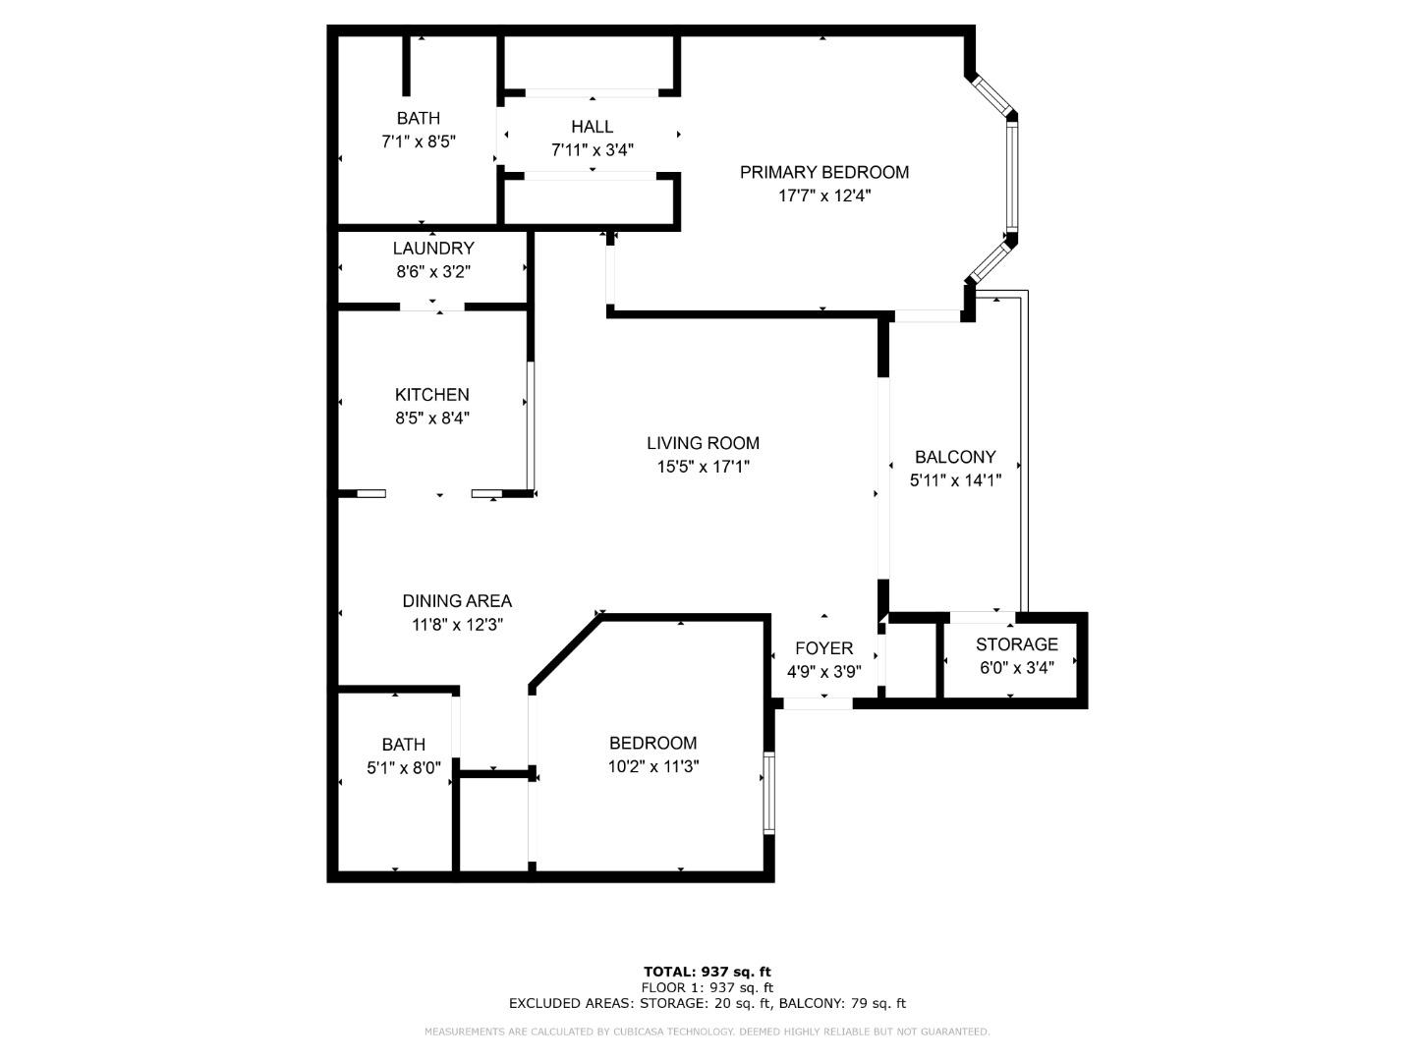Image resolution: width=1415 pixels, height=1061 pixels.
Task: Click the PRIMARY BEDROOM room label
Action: (823, 172)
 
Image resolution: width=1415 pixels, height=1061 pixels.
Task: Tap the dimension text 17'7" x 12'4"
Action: (823, 195)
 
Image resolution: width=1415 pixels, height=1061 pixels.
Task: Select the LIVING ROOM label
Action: (703, 443)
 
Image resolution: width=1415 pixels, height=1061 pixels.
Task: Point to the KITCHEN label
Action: (431, 394)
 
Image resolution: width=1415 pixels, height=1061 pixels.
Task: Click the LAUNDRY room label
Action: (432, 249)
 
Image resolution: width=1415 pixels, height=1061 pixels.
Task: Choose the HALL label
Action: (592, 127)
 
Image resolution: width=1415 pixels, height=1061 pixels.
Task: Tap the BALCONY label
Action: (954, 457)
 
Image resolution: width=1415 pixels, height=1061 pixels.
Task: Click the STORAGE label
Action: (1016, 644)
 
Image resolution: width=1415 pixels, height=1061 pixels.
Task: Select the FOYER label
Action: (823, 648)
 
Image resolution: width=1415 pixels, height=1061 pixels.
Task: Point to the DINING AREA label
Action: (457, 601)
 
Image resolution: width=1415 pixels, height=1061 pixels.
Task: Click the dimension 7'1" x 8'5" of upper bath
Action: (418, 141)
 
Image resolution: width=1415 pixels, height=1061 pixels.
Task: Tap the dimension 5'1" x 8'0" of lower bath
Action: (403, 768)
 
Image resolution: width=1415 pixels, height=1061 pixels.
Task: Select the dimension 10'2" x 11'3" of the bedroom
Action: (652, 766)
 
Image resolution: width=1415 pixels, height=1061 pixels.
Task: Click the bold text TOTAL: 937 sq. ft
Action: (707, 972)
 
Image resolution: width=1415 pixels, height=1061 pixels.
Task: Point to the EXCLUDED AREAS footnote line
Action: (707, 1003)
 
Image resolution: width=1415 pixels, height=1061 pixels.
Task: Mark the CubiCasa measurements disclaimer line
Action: (707, 1032)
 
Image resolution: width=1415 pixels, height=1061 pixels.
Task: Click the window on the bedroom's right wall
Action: (768, 794)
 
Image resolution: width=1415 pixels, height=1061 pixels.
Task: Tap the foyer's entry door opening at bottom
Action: (818, 703)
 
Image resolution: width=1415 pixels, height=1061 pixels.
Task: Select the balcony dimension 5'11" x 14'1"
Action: (954, 480)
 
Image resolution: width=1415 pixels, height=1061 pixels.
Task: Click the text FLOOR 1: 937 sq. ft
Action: (707, 987)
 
